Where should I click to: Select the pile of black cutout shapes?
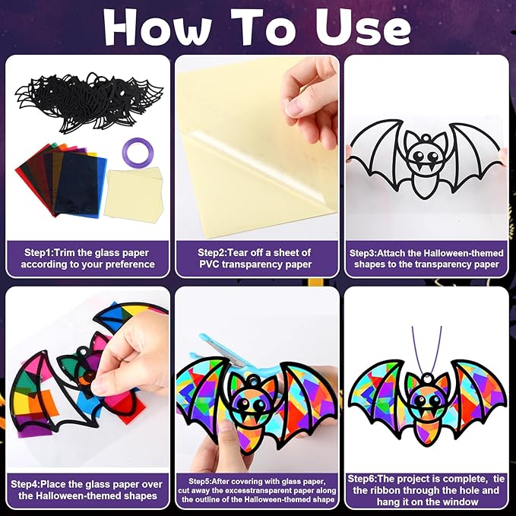coord(89,103)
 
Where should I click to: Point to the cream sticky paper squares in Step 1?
coord(134,194)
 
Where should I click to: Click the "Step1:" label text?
coord(40,253)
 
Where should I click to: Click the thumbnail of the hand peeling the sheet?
coord(257,147)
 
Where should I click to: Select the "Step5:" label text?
coord(200,482)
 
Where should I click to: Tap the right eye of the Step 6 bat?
coord(435,400)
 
